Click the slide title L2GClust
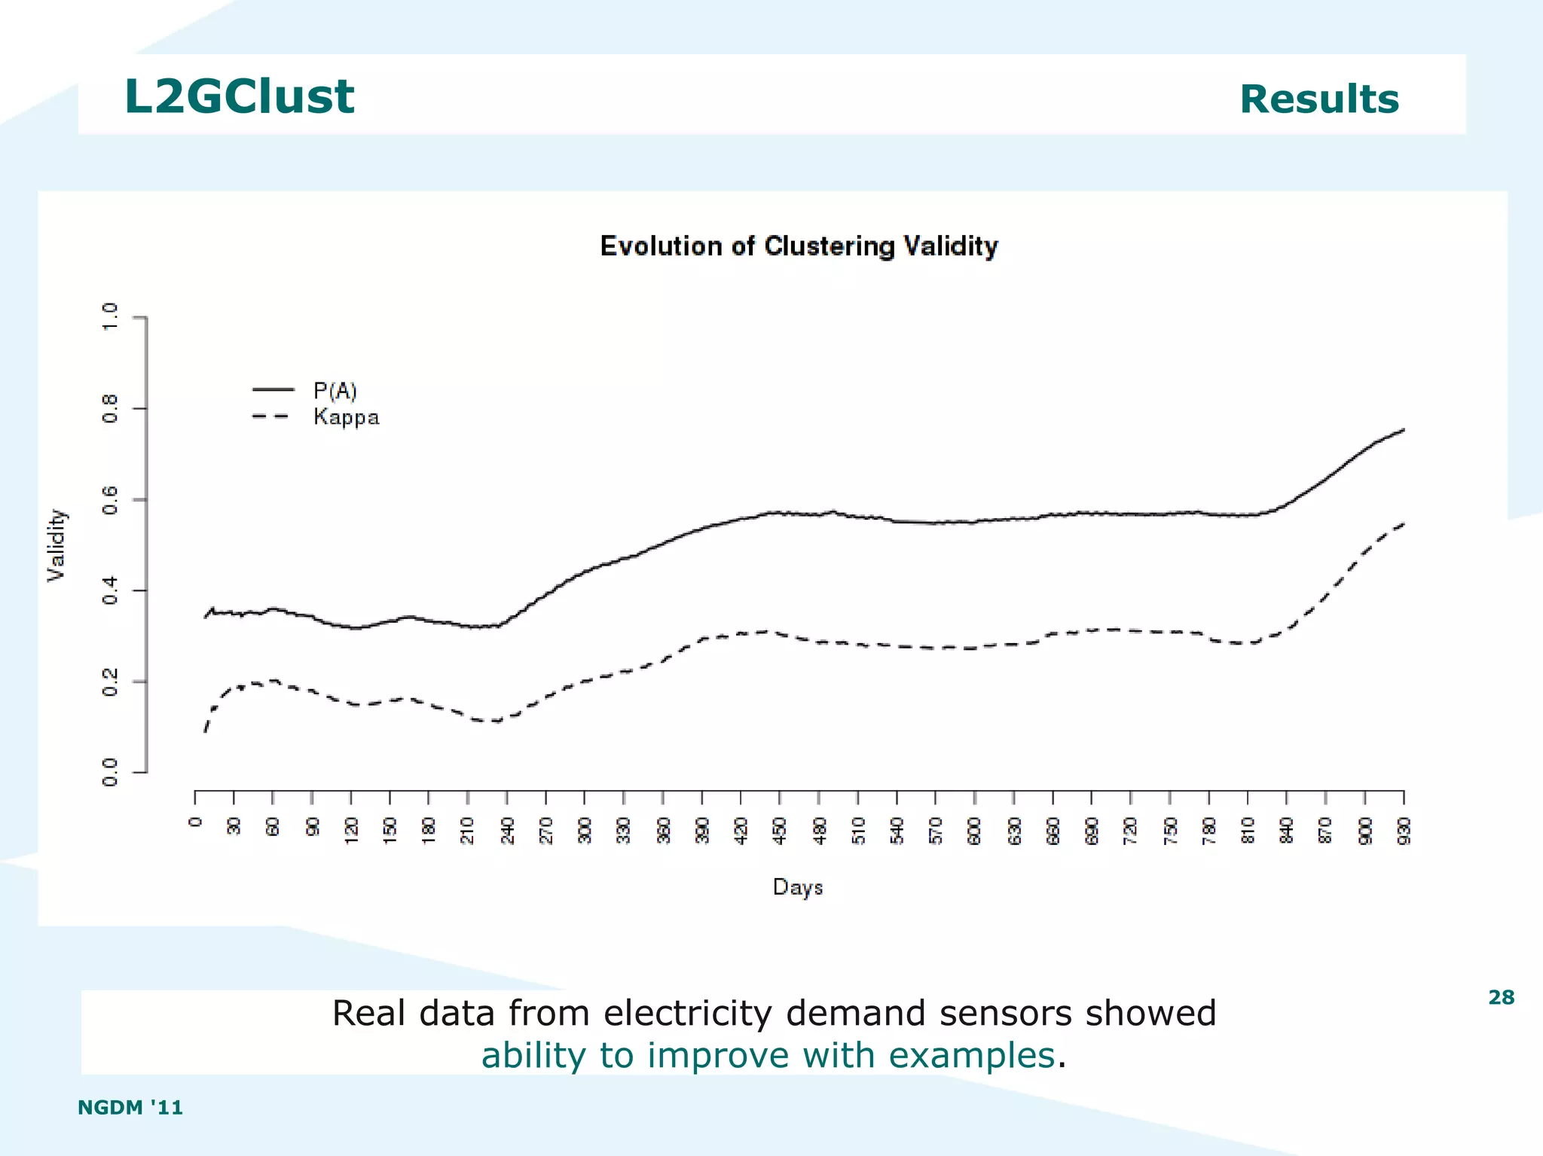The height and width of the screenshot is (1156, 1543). tap(239, 97)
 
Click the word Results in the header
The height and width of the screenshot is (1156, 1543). tap(1318, 99)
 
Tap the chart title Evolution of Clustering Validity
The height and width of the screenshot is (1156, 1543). tap(799, 246)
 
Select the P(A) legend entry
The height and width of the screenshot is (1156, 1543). tap(335, 390)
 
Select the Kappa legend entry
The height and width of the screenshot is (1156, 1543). tap(346, 417)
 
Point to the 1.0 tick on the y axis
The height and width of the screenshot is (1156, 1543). tap(110, 317)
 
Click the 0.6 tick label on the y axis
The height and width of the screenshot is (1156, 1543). tap(110, 500)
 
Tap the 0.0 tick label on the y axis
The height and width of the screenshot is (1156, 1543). tap(110, 773)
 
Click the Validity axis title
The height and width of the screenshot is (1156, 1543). tap(57, 545)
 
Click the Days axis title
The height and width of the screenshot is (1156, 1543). tap(797, 887)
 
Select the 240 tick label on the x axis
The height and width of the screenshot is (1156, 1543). tap(507, 830)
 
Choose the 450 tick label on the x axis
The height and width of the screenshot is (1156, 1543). tap(780, 830)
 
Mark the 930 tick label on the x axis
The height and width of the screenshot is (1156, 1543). tap(1404, 830)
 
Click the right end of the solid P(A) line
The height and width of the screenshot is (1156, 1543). tap(1404, 430)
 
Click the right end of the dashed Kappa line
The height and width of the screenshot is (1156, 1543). tap(1404, 523)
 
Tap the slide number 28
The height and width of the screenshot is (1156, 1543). tap(1501, 998)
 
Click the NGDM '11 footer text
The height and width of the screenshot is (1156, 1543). tap(130, 1107)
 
